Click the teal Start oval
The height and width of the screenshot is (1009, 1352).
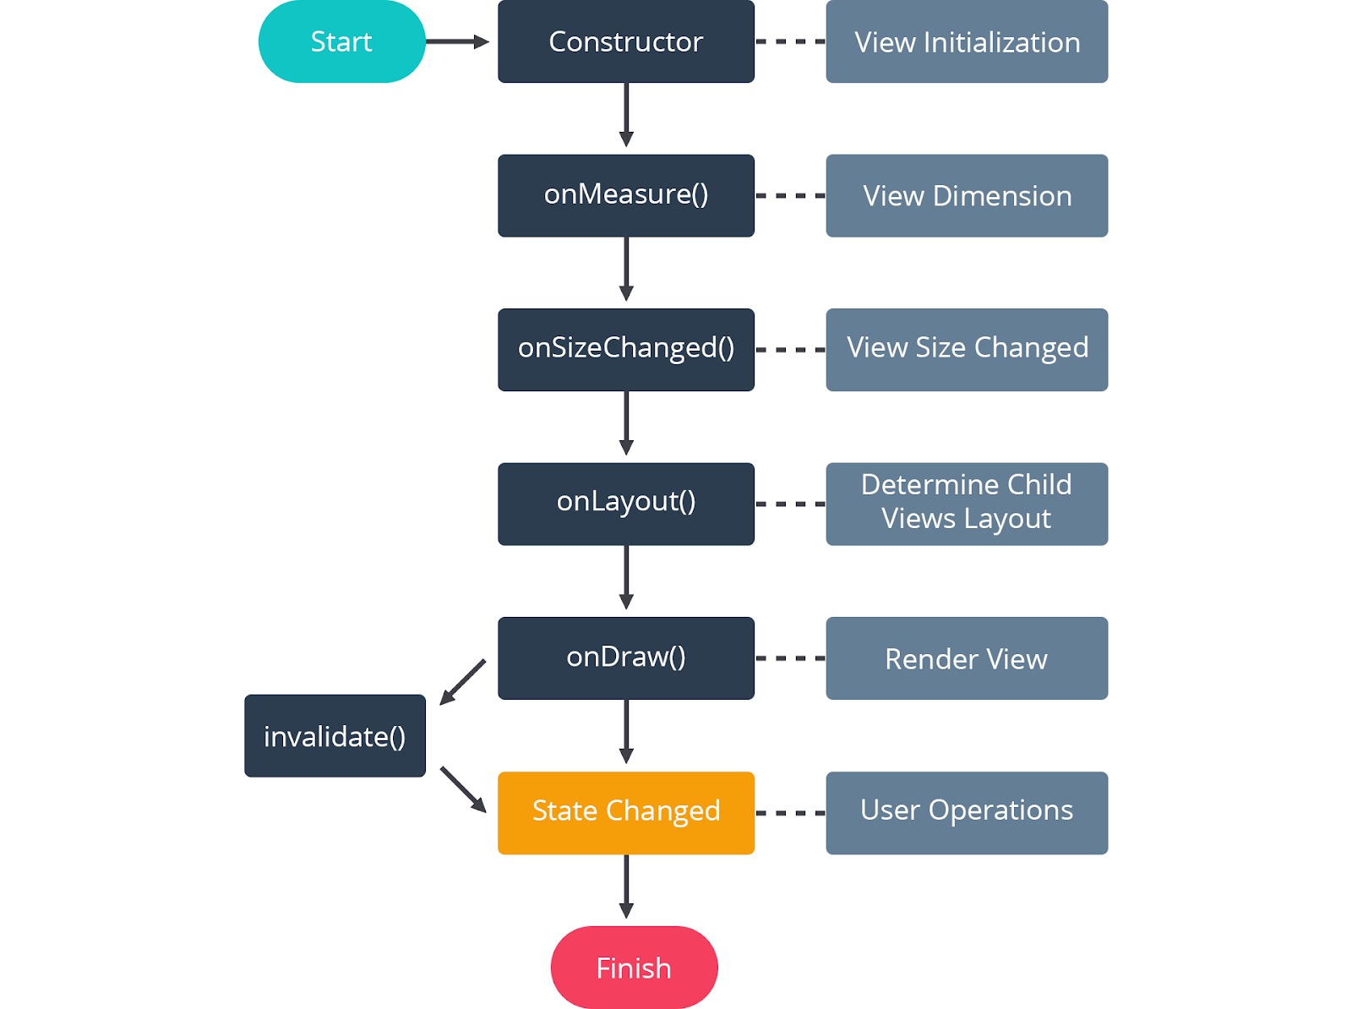coord(341,41)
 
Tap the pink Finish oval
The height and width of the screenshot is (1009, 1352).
coord(634,967)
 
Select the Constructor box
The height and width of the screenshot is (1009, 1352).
coord(625,41)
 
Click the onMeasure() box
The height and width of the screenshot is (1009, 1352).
coord(625,195)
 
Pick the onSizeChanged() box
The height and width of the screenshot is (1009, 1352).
coord(625,349)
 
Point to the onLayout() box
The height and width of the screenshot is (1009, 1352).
coord(625,504)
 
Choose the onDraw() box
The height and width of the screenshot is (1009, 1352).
coord(625,657)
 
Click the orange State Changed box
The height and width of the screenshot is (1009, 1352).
coord(625,812)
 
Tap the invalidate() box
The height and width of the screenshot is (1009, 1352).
coord(335,735)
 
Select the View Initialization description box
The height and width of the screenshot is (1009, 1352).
coord(967,41)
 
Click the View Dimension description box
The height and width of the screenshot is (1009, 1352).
coord(967,195)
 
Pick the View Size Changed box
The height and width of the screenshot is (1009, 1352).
coord(967,349)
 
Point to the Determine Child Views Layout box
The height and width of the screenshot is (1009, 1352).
coord(967,504)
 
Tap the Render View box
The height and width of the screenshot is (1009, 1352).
coord(967,657)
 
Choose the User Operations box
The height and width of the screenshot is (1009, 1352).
coord(967,812)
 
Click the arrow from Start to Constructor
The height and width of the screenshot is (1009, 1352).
coord(456,41)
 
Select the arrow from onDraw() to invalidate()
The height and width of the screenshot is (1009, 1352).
coord(463,682)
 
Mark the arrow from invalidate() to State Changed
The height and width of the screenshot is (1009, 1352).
coord(463,789)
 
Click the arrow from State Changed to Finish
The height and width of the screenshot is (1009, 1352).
coord(626,886)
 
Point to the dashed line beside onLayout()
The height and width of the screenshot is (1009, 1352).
coord(790,504)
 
